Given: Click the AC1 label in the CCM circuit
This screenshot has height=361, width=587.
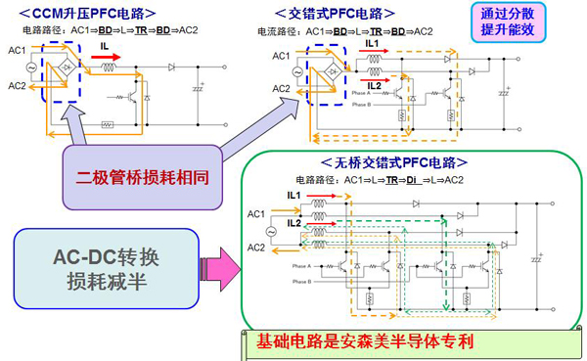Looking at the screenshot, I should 18,49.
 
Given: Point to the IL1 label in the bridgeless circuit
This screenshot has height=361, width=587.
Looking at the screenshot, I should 293,195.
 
